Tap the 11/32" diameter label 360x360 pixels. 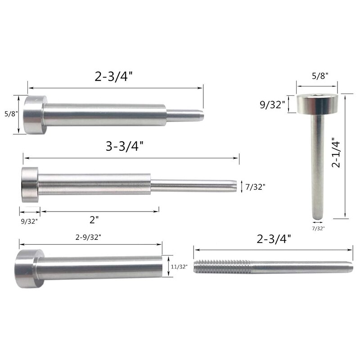click(179, 266)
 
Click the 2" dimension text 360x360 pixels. click(94, 220)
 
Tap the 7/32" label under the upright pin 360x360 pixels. click(318, 229)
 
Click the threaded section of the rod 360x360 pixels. click(220, 267)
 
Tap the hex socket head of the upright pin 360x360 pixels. click(317, 97)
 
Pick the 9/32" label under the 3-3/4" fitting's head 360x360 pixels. click(29, 220)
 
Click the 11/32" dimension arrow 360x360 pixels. click(167, 267)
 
